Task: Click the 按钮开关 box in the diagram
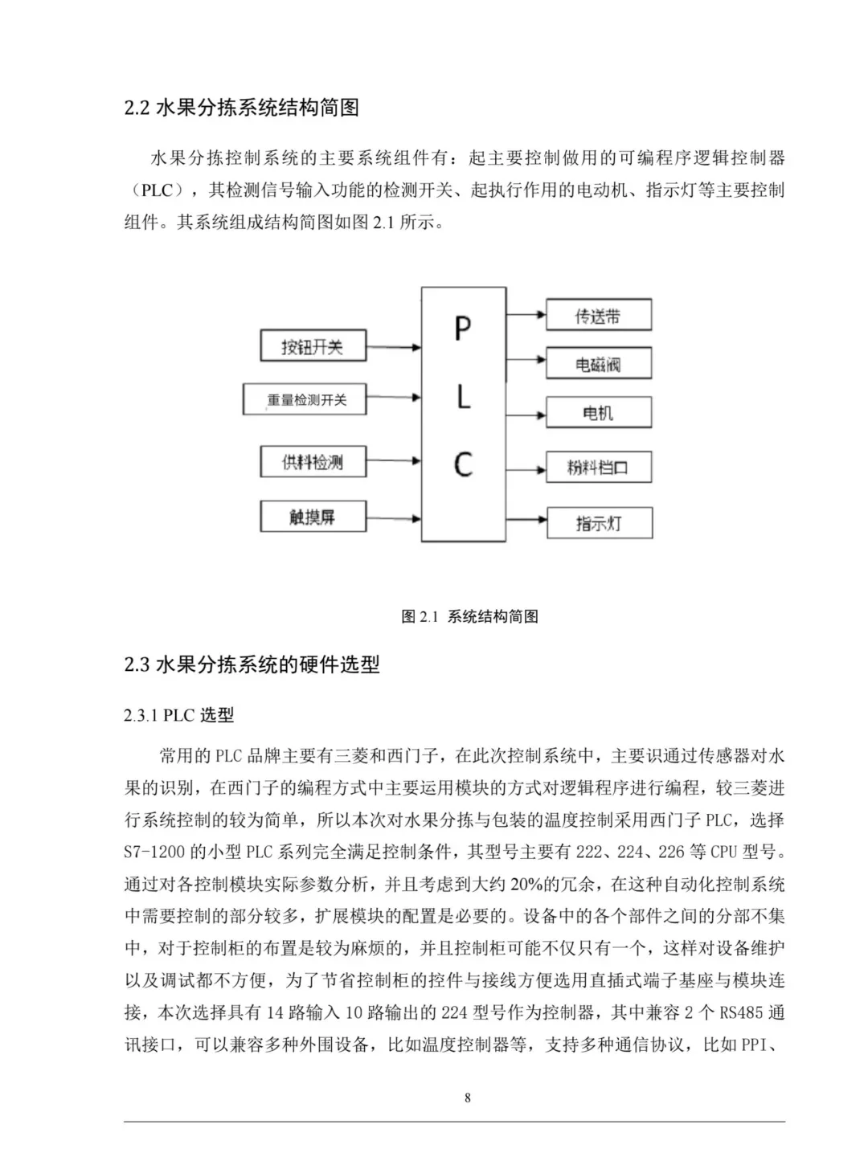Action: (313, 347)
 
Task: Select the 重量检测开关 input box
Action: (305, 399)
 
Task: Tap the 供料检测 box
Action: (313, 462)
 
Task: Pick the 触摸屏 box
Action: (313, 517)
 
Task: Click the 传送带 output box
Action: (598, 316)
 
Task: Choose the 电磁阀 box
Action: (598, 364)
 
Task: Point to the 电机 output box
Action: (598, 413)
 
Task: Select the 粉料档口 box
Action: (598, 467)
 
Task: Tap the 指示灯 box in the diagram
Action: (599, 523)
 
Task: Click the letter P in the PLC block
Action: (463, 329)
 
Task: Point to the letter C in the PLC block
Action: (463, 464)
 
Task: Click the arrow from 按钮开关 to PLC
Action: (394, 347)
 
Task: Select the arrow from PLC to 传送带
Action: (526, 314)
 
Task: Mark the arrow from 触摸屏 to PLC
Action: (394, 518)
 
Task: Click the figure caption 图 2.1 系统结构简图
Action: (469, 616)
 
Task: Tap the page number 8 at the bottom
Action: (468, 1098)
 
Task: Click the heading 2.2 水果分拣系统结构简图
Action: (241, 108)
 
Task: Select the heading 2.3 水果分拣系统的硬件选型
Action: (252, 664)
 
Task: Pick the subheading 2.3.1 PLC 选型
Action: (178, 715)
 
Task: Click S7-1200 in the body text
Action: (154, 852)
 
